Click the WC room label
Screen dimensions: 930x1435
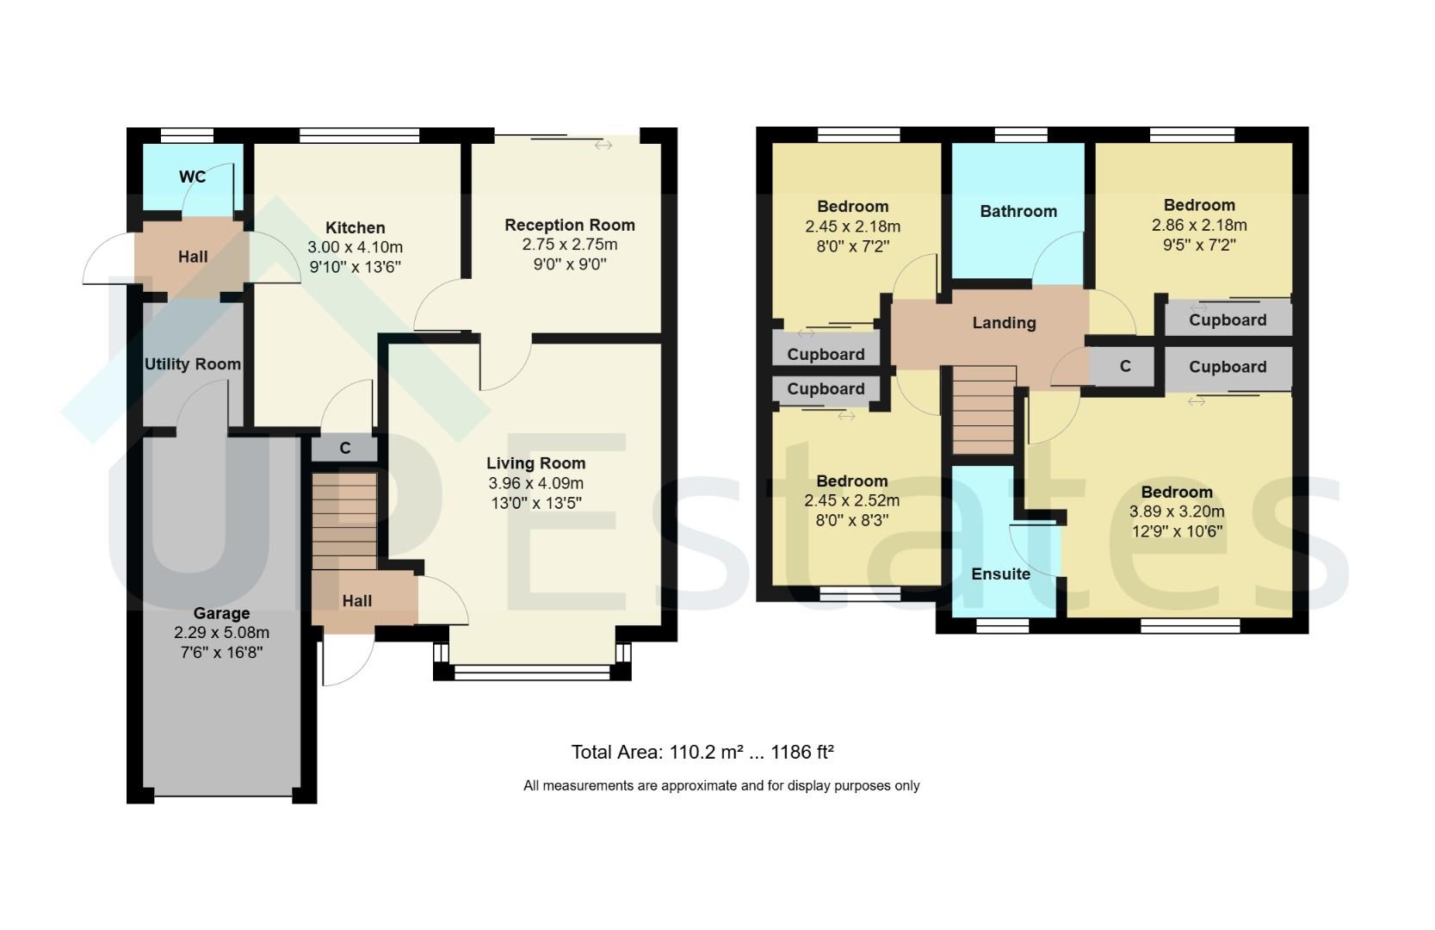192,177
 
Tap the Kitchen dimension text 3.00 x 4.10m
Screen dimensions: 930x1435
355,247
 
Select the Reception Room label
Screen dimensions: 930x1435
569,225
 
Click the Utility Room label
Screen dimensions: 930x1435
192,364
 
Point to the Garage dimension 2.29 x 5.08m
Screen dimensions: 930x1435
221,633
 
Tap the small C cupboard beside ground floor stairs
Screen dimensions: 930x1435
345,448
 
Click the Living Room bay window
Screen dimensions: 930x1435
532,671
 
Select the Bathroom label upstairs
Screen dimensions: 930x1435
1017,211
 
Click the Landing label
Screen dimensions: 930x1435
1004,323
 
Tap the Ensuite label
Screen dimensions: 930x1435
1000,573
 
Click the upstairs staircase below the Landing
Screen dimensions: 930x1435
983,409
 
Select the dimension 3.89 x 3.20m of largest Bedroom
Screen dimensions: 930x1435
1177,512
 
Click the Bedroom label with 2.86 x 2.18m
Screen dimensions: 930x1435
1198,205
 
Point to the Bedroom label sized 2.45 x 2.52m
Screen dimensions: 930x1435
851,481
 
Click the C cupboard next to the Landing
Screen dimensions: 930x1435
1124,367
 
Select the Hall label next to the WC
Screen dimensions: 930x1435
193,257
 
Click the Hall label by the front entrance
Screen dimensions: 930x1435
356,601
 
